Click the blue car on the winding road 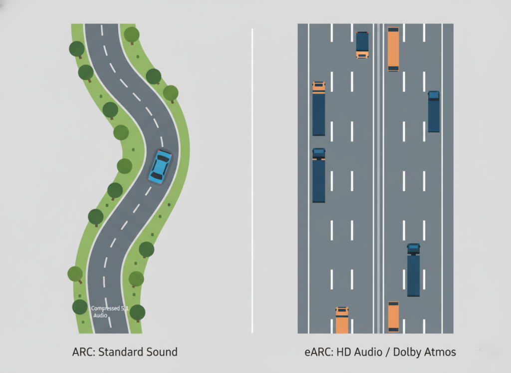160,166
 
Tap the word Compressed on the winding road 105,309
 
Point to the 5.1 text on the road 124,309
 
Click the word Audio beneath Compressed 100,316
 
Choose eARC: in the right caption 318,352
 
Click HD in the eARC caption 343,352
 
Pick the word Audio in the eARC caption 368,352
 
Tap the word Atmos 441,352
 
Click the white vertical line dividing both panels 252,180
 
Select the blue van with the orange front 362,44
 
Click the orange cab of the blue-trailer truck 319,87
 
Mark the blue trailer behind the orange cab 319,115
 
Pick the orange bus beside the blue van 393,49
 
